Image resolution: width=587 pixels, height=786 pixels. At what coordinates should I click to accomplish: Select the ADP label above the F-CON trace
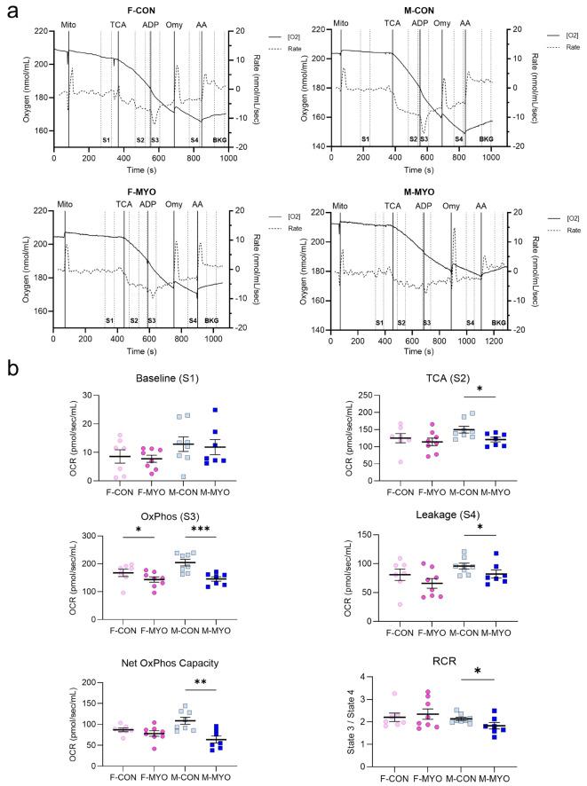click(x=147, y=22)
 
